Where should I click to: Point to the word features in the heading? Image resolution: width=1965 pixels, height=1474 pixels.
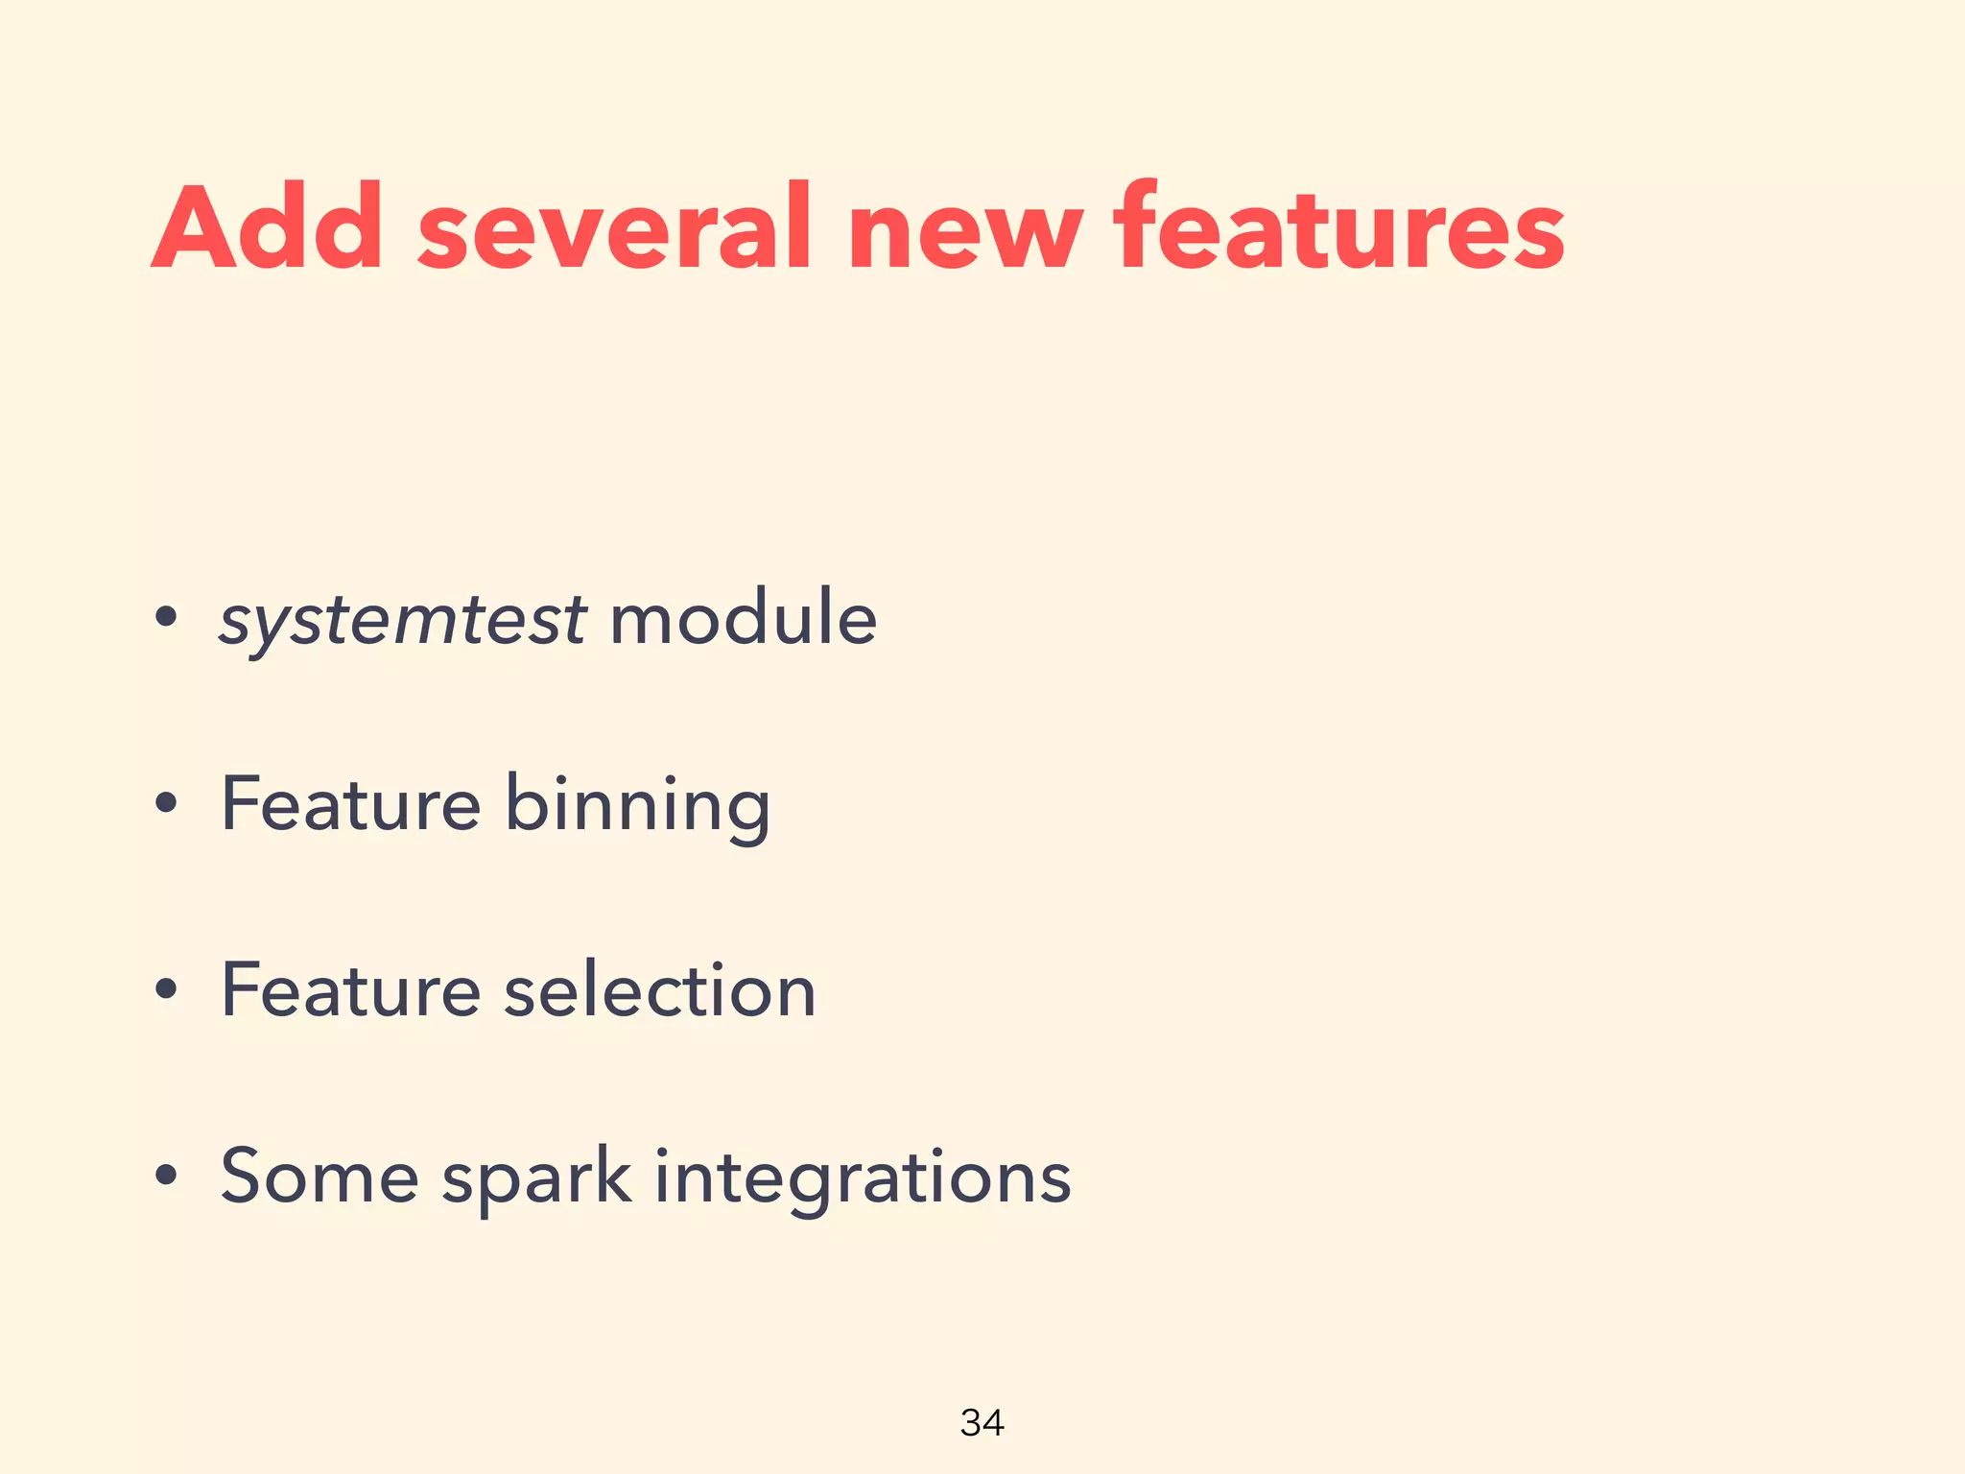[x=1338, y=228]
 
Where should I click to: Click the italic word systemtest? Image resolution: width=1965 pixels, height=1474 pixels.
[x=403, y=620]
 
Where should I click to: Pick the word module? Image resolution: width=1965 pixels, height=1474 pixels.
[x=743, y=618]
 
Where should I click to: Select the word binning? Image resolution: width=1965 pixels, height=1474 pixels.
[x=637, y=806]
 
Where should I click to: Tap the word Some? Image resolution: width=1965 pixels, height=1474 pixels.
[x=320, y=1177]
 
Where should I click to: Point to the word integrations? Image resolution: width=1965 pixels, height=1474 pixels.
[x=863, y=1178]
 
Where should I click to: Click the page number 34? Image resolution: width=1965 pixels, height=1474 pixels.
[x=982, y=1422]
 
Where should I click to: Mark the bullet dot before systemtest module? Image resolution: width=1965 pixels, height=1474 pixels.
[x=166, y=618]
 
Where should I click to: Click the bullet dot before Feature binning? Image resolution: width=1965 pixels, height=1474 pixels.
[x=166, y=804]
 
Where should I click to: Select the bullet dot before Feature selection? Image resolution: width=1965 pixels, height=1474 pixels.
[x=166, y=990]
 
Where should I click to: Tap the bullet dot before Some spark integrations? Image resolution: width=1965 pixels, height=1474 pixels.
[x=166, y=1176]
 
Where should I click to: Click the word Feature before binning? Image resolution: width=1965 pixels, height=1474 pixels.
[x=350, y=804]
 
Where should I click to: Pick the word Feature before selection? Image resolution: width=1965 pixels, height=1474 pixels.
[x=350, y=989]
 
